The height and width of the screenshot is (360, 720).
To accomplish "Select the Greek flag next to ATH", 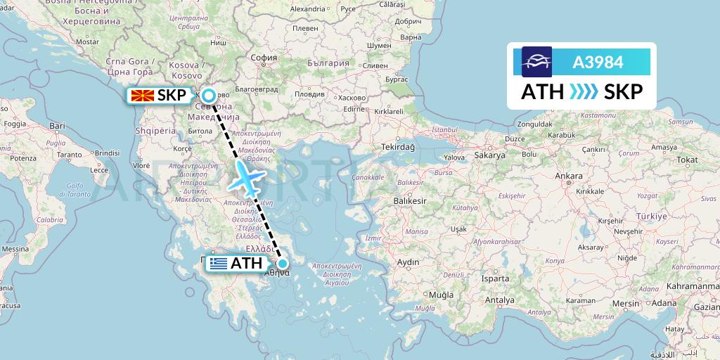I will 218,264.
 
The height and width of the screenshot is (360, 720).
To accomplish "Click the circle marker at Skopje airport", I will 209,94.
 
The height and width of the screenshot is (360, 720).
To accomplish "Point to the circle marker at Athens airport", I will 282,264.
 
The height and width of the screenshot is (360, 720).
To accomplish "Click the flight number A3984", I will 598,62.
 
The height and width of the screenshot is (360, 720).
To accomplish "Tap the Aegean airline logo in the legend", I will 536,62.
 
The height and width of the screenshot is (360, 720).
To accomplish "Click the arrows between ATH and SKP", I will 583,91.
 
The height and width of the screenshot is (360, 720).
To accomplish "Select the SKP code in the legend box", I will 623,91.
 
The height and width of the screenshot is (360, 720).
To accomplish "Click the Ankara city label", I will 569,176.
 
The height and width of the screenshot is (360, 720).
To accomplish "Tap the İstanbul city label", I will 444,130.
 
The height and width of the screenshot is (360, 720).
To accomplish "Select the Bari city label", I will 57,126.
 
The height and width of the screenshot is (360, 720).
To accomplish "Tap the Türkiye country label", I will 650,217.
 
